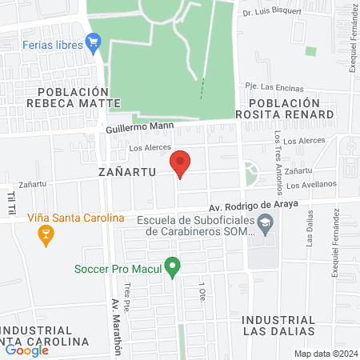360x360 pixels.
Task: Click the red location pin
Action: (x=180, y=164)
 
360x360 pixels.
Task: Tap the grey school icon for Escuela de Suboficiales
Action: (x=267, y=228)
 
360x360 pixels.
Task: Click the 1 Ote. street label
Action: (x=202, y=290)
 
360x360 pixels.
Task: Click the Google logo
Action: (x=26, y=350)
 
